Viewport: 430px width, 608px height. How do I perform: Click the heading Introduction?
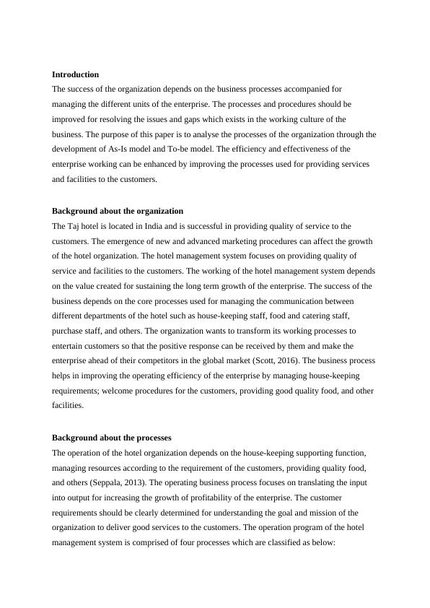(76, 74)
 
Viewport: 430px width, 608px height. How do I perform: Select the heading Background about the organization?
(118, 211)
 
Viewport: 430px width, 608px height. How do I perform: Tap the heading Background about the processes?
(112, 438)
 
